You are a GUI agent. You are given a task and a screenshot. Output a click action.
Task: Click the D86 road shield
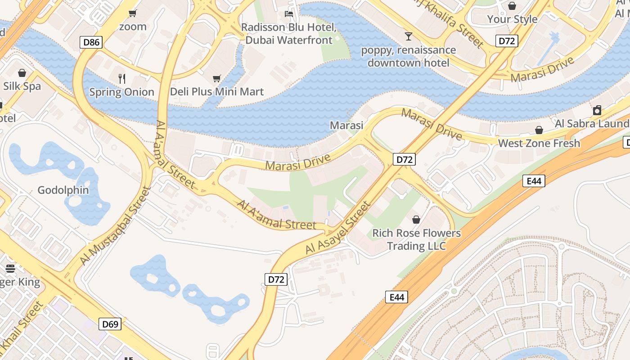(92, 43)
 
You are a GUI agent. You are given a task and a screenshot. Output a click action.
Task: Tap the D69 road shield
(110, 324)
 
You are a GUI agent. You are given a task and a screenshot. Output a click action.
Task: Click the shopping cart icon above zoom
(132, 13)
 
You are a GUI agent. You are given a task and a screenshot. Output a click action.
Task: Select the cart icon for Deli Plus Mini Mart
(216, 78)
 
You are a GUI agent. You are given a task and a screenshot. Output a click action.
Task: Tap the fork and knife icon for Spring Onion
(121, 78)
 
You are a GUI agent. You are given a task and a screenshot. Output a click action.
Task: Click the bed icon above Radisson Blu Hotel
(289, 13)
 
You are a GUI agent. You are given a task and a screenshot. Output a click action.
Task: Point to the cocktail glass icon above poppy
(408, 36)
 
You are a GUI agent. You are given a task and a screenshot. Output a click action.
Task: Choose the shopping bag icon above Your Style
(512, 6)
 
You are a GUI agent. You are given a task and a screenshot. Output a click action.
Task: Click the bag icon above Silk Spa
(22, 73)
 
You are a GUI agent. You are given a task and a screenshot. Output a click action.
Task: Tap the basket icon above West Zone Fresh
(539, 130)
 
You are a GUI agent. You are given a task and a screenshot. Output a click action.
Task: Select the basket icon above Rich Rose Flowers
(416, 220)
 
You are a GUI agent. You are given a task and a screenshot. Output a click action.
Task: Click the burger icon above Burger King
(10, 269)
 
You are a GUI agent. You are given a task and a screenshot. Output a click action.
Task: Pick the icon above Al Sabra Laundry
(597, 110)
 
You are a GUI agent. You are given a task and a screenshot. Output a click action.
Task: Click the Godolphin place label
(63, 190)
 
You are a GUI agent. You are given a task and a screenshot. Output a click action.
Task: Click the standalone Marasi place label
(346, 125)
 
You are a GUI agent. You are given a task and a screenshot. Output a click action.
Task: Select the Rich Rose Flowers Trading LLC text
(416, 239)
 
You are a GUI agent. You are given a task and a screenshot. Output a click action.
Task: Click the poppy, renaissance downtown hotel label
(408, 56)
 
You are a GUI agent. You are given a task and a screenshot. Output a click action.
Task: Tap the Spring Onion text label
(121, 92)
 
